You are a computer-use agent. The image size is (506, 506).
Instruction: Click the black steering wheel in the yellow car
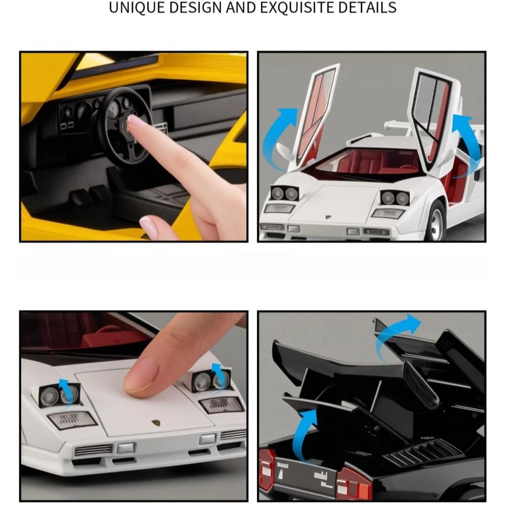click(x=124, y=126)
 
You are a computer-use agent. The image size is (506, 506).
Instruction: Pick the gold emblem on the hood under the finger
click(x=156, y=424)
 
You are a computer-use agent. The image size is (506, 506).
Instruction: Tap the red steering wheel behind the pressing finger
click(x=109, y=332)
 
